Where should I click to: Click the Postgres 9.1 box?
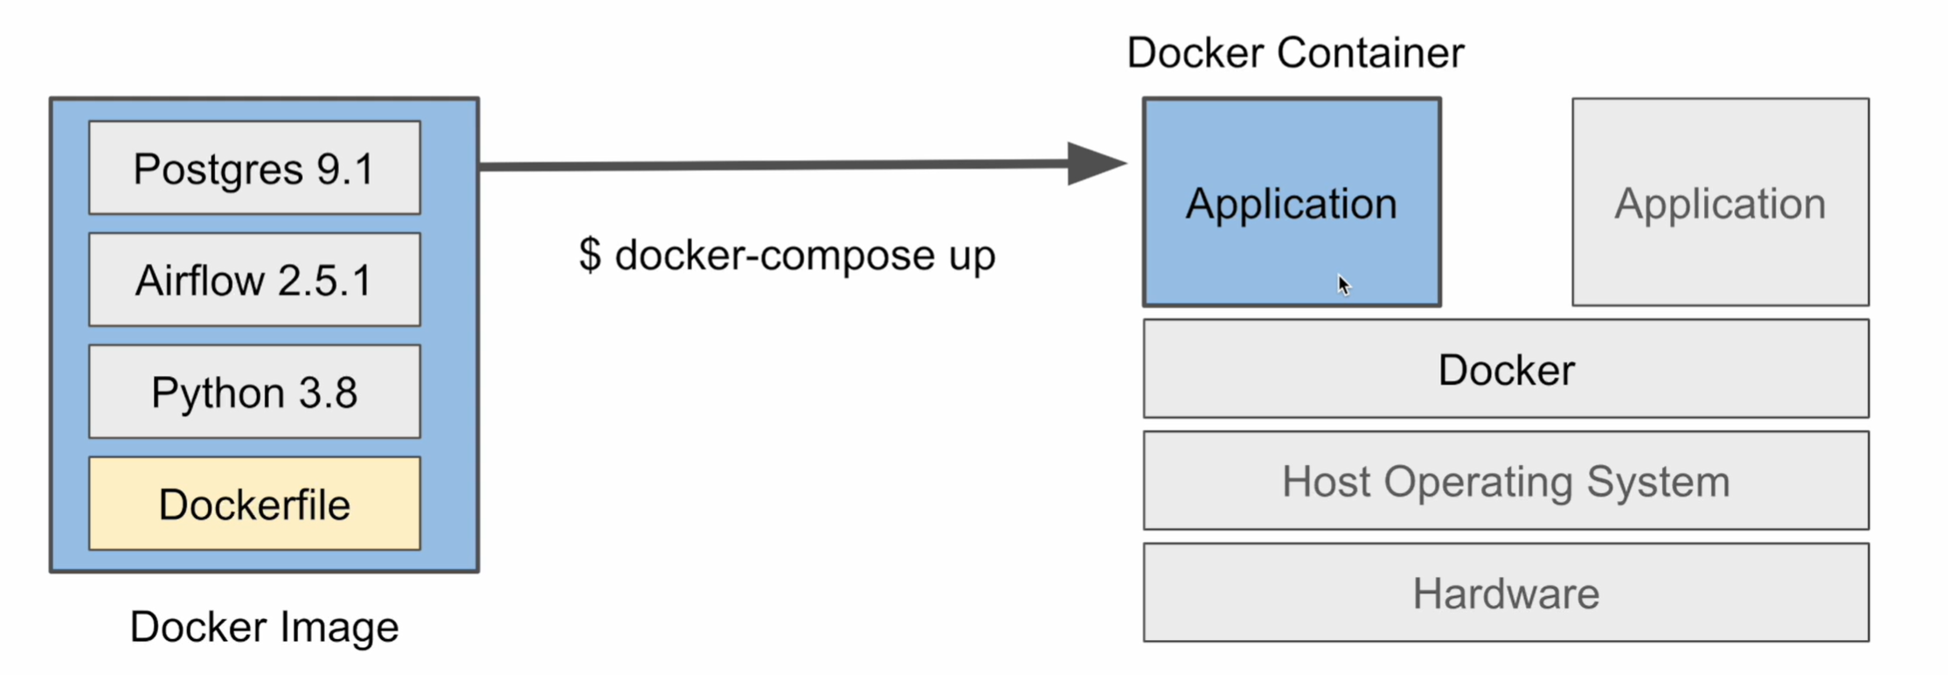point(254,168)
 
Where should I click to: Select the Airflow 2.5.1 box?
point(254,280)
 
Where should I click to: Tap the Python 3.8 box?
point(254,392)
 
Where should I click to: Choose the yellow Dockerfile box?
point(254,504)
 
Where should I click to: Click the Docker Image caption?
point(264,627)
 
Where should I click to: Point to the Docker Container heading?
point(1295,52)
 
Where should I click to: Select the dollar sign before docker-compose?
point(590,255)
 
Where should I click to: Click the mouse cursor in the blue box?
point(1343,284)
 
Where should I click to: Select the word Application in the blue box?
point(1291,204)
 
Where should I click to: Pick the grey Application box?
point(1720,203)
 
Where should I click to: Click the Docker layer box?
point(1506,369)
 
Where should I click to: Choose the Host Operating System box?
point(1506,481)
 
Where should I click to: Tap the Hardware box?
point(1506,593)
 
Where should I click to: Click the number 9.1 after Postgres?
point(345,169)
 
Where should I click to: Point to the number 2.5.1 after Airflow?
point(325,281)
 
